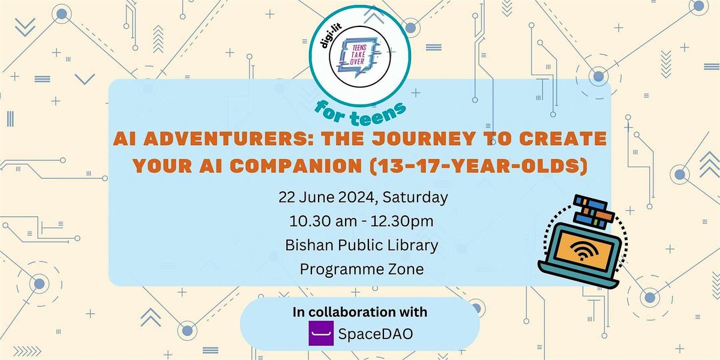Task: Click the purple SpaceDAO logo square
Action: coord(321,334)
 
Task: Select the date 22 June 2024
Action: coord(322,197)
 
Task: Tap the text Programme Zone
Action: coord(361,269)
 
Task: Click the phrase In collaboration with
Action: coord(360,312)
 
